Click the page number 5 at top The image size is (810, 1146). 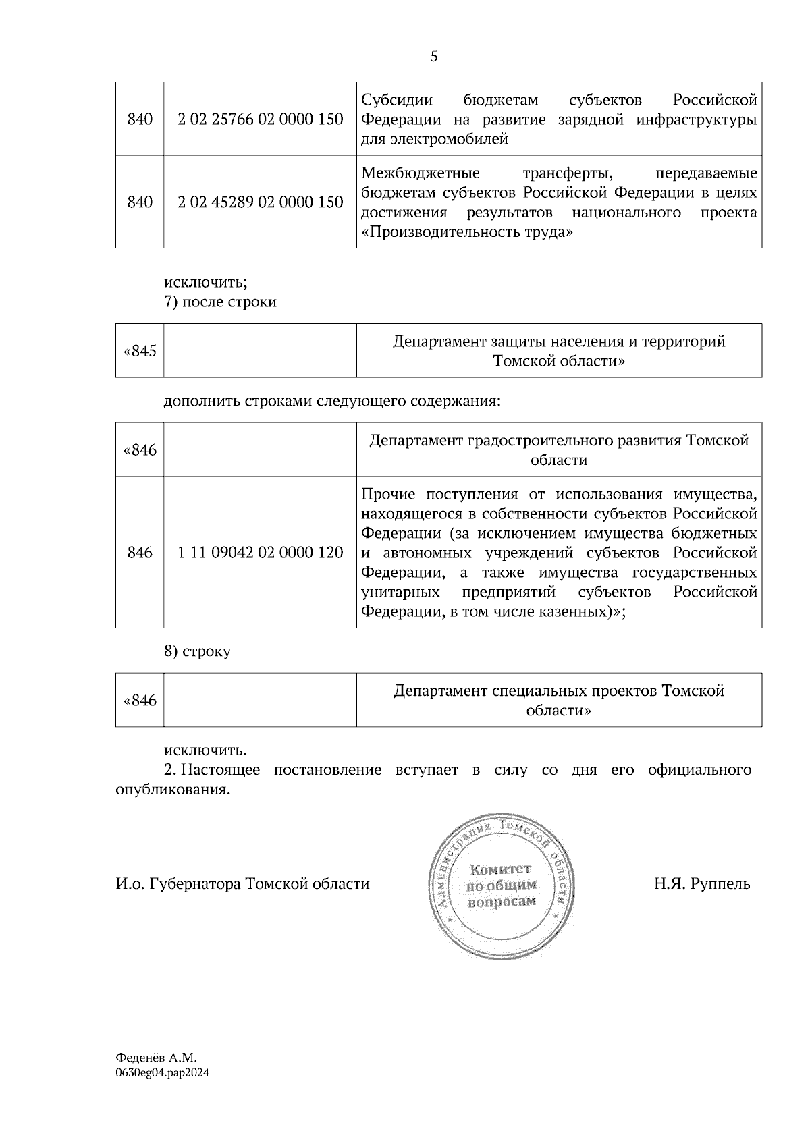tap(433, 57)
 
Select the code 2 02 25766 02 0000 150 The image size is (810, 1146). tap(260, 119)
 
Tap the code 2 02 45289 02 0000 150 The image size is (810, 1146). tap(260, 202)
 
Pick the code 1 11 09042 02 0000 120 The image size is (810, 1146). tap(260, 553)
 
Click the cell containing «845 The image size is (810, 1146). tap(140, 351)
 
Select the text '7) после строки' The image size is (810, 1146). tap(220, 302)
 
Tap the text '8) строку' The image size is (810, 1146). tap(197, 651)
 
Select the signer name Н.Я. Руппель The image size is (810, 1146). tap(701, 883)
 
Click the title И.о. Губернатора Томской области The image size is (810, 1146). tap(242, 883)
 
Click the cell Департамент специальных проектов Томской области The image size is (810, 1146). tap(559, 701)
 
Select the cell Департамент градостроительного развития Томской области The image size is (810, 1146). tap(559, 450)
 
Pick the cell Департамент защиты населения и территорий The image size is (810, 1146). tap(559, 351)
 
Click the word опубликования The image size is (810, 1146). tap(173, 790)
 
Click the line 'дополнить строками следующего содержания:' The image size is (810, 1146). tap(332, 401)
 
